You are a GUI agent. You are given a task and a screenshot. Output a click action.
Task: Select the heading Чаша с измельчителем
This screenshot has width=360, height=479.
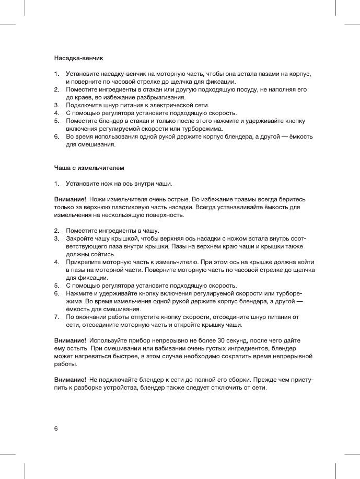[89, 168]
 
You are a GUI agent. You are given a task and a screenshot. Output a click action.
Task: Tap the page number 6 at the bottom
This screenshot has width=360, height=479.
[56, 429]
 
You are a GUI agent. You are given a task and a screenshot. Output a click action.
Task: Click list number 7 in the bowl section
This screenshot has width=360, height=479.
[56, 317]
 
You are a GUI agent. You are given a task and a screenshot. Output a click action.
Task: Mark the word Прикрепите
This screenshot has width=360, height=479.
[83, 261]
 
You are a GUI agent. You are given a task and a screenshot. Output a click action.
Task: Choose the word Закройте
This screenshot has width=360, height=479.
[79, 238]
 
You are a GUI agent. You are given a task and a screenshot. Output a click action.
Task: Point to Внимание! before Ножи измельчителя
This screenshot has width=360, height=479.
[70, 199]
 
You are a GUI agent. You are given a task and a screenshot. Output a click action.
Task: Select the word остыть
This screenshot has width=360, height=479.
[76, 348]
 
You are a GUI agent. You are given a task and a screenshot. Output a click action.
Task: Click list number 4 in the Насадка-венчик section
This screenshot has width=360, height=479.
[56, 113]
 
